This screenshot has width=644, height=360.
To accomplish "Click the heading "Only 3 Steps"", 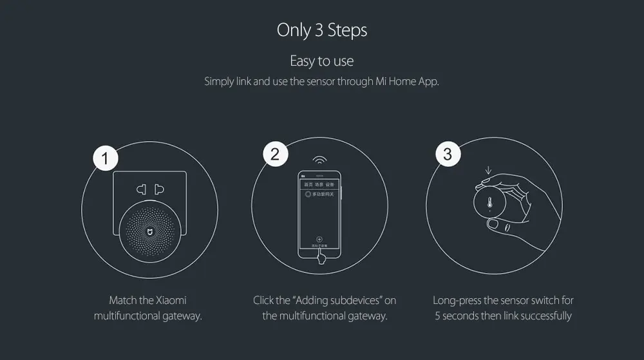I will (322, 30).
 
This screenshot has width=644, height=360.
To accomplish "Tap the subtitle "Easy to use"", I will (322, 61).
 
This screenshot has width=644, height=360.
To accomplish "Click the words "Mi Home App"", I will (406, 82).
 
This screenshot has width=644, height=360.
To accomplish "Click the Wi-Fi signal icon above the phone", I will (319, 160).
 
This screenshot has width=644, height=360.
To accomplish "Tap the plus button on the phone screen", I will (319, 239).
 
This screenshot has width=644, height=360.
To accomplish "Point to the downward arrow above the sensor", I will (488, 171).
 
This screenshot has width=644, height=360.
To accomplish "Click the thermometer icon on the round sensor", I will (489, 204).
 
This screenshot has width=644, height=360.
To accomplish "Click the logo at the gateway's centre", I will (149, 230).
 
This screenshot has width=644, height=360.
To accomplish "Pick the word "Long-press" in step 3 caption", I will (457, 300).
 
